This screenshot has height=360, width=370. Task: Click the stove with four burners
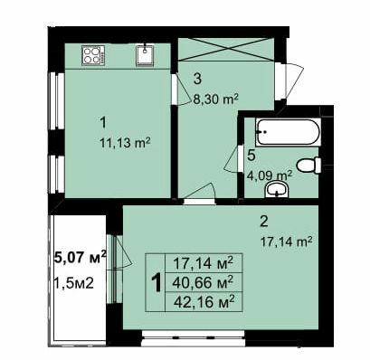[93, 55]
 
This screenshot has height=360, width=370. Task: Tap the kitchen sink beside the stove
[145, 55]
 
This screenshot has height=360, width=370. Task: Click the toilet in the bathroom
[309, 166]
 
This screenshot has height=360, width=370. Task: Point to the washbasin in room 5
[279, 189]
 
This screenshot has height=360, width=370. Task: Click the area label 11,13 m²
[125, 142]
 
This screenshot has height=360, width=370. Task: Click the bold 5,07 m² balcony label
[81, 257]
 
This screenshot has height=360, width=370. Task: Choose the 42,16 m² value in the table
[203, 301]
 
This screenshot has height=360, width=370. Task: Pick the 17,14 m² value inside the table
[203, 263]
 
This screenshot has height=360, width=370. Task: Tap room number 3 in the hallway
[196, 79]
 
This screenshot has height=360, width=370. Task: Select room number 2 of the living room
[263, 222]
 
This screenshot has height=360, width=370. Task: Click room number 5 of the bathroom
[251, 156]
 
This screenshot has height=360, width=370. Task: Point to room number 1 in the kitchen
[103, 121]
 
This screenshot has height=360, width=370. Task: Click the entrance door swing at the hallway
[288, 79]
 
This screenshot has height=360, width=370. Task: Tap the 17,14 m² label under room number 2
[287, 242]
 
